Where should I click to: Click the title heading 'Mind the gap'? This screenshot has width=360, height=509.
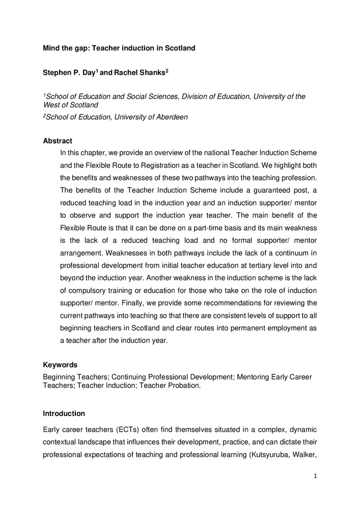point(119,48)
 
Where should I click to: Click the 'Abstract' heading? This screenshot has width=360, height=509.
point(58,140)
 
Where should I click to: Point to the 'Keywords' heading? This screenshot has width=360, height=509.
point(60,364)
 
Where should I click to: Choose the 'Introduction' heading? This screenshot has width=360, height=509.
point(64,413)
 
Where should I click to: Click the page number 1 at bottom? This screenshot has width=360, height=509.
point(315,475)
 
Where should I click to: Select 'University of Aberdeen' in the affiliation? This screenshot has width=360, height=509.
point(151,117)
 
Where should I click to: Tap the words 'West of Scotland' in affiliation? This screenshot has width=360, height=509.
point(71,104)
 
